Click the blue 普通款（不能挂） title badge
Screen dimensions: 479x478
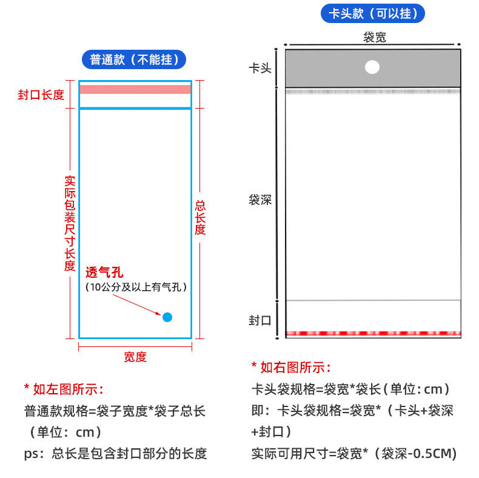pos(134,59)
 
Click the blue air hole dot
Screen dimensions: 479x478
pos(167,317)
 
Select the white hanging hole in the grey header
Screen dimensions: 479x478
pos(372,67)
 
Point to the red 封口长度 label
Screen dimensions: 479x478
pos(41,95)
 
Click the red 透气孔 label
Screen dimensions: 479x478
pos(104,272)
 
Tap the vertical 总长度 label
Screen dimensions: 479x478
pos(200,218)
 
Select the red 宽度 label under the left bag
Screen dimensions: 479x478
pos(135,357)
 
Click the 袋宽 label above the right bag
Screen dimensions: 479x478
pos(374,37)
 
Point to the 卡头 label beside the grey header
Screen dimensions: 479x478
pos(260,68)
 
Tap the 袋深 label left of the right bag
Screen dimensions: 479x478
pos(260,200)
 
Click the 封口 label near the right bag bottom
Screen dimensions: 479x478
pos(260,320)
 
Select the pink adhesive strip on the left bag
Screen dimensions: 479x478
pos(135,89)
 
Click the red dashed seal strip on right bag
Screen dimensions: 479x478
pos(373,333)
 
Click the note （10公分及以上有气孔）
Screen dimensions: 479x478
pos(136,287)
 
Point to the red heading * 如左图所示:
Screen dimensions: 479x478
pos(64,389)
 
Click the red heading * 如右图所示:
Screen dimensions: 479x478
pos(291,367)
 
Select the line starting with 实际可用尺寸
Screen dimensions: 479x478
pos(353,453)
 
